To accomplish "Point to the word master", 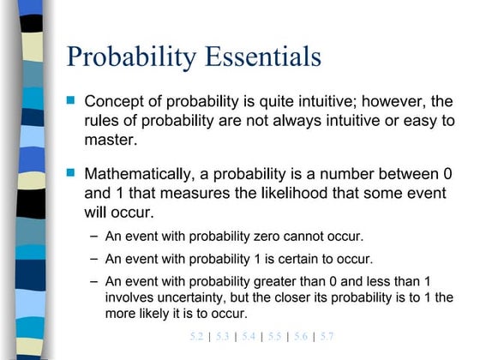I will point(110,140).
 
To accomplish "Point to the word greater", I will point(279,281).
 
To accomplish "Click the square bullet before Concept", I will point(71,100).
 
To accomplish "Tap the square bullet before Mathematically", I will point(71,173).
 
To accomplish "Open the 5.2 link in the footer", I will point(196,336).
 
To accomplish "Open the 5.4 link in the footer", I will point(249,336).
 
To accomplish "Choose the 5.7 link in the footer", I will point(327,336).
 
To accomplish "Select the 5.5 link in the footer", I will point(274,336).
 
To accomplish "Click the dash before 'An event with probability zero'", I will point(93,236).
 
